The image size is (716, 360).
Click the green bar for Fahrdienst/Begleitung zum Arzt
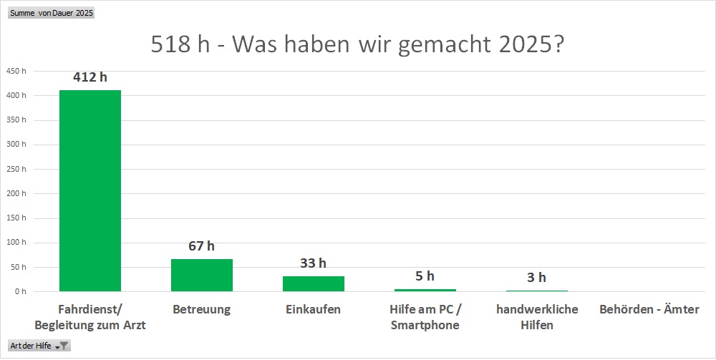click(89, 190)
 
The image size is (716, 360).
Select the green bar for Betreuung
click(201, 275)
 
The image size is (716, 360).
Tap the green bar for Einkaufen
click(313, 283)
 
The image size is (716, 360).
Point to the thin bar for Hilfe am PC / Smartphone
click(425, 290)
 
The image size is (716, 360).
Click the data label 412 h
click(89, 77)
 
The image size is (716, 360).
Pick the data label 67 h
click(201, 246)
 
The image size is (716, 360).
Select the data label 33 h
click(313, 263)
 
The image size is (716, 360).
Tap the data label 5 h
click(425, 276)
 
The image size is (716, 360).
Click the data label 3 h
click(536, 278)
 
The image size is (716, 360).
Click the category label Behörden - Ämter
click(649, 310)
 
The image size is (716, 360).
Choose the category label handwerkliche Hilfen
click(536, 317)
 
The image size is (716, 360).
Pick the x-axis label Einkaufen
click(313, 310)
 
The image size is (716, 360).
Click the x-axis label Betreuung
click(201, 310)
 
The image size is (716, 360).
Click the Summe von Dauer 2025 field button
click(52, 13)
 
